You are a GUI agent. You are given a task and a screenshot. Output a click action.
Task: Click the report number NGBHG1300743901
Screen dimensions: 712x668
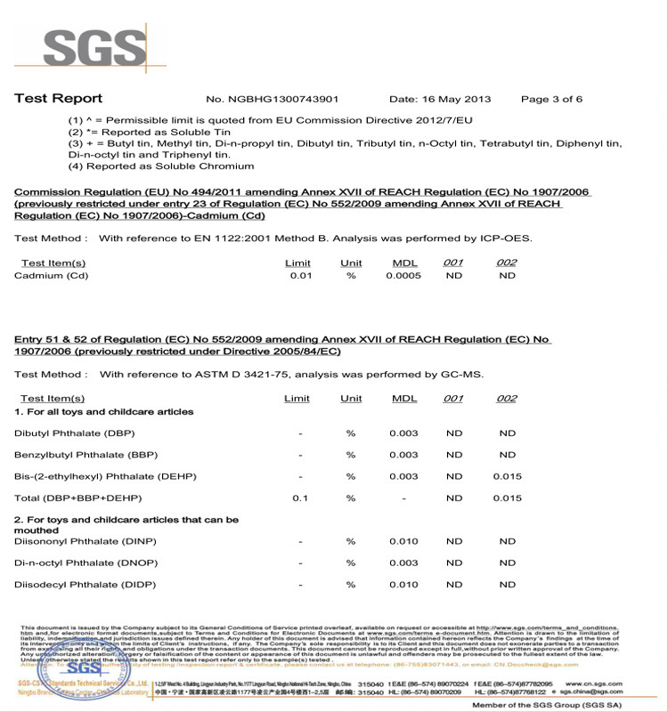tap(273, 99)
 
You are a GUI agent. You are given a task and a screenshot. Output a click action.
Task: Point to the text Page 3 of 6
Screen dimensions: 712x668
tap(551, 99)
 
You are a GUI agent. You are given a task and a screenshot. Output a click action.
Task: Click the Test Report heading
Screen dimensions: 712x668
tap(58, 99)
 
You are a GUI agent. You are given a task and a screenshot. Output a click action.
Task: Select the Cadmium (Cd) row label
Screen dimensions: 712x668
tap(52, 276)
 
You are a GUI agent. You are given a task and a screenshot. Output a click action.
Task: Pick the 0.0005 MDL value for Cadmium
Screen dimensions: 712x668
tap(404, 276)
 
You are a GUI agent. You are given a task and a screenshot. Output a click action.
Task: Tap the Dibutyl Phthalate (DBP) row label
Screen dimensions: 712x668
tap(74, 433)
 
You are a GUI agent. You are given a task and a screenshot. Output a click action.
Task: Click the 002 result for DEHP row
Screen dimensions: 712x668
tap(507, 476)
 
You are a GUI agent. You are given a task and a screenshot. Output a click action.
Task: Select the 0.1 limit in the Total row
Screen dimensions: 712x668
tap(300, 498)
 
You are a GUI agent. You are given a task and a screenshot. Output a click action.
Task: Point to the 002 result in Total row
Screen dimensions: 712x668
tap(507, 498)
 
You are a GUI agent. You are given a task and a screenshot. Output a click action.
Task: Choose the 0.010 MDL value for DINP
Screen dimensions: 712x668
tap(403, 541)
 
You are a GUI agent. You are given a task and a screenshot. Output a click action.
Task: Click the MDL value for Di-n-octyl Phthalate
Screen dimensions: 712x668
tap(403, 562)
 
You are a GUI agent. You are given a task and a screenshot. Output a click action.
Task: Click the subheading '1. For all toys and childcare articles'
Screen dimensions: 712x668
tap(104, 412)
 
